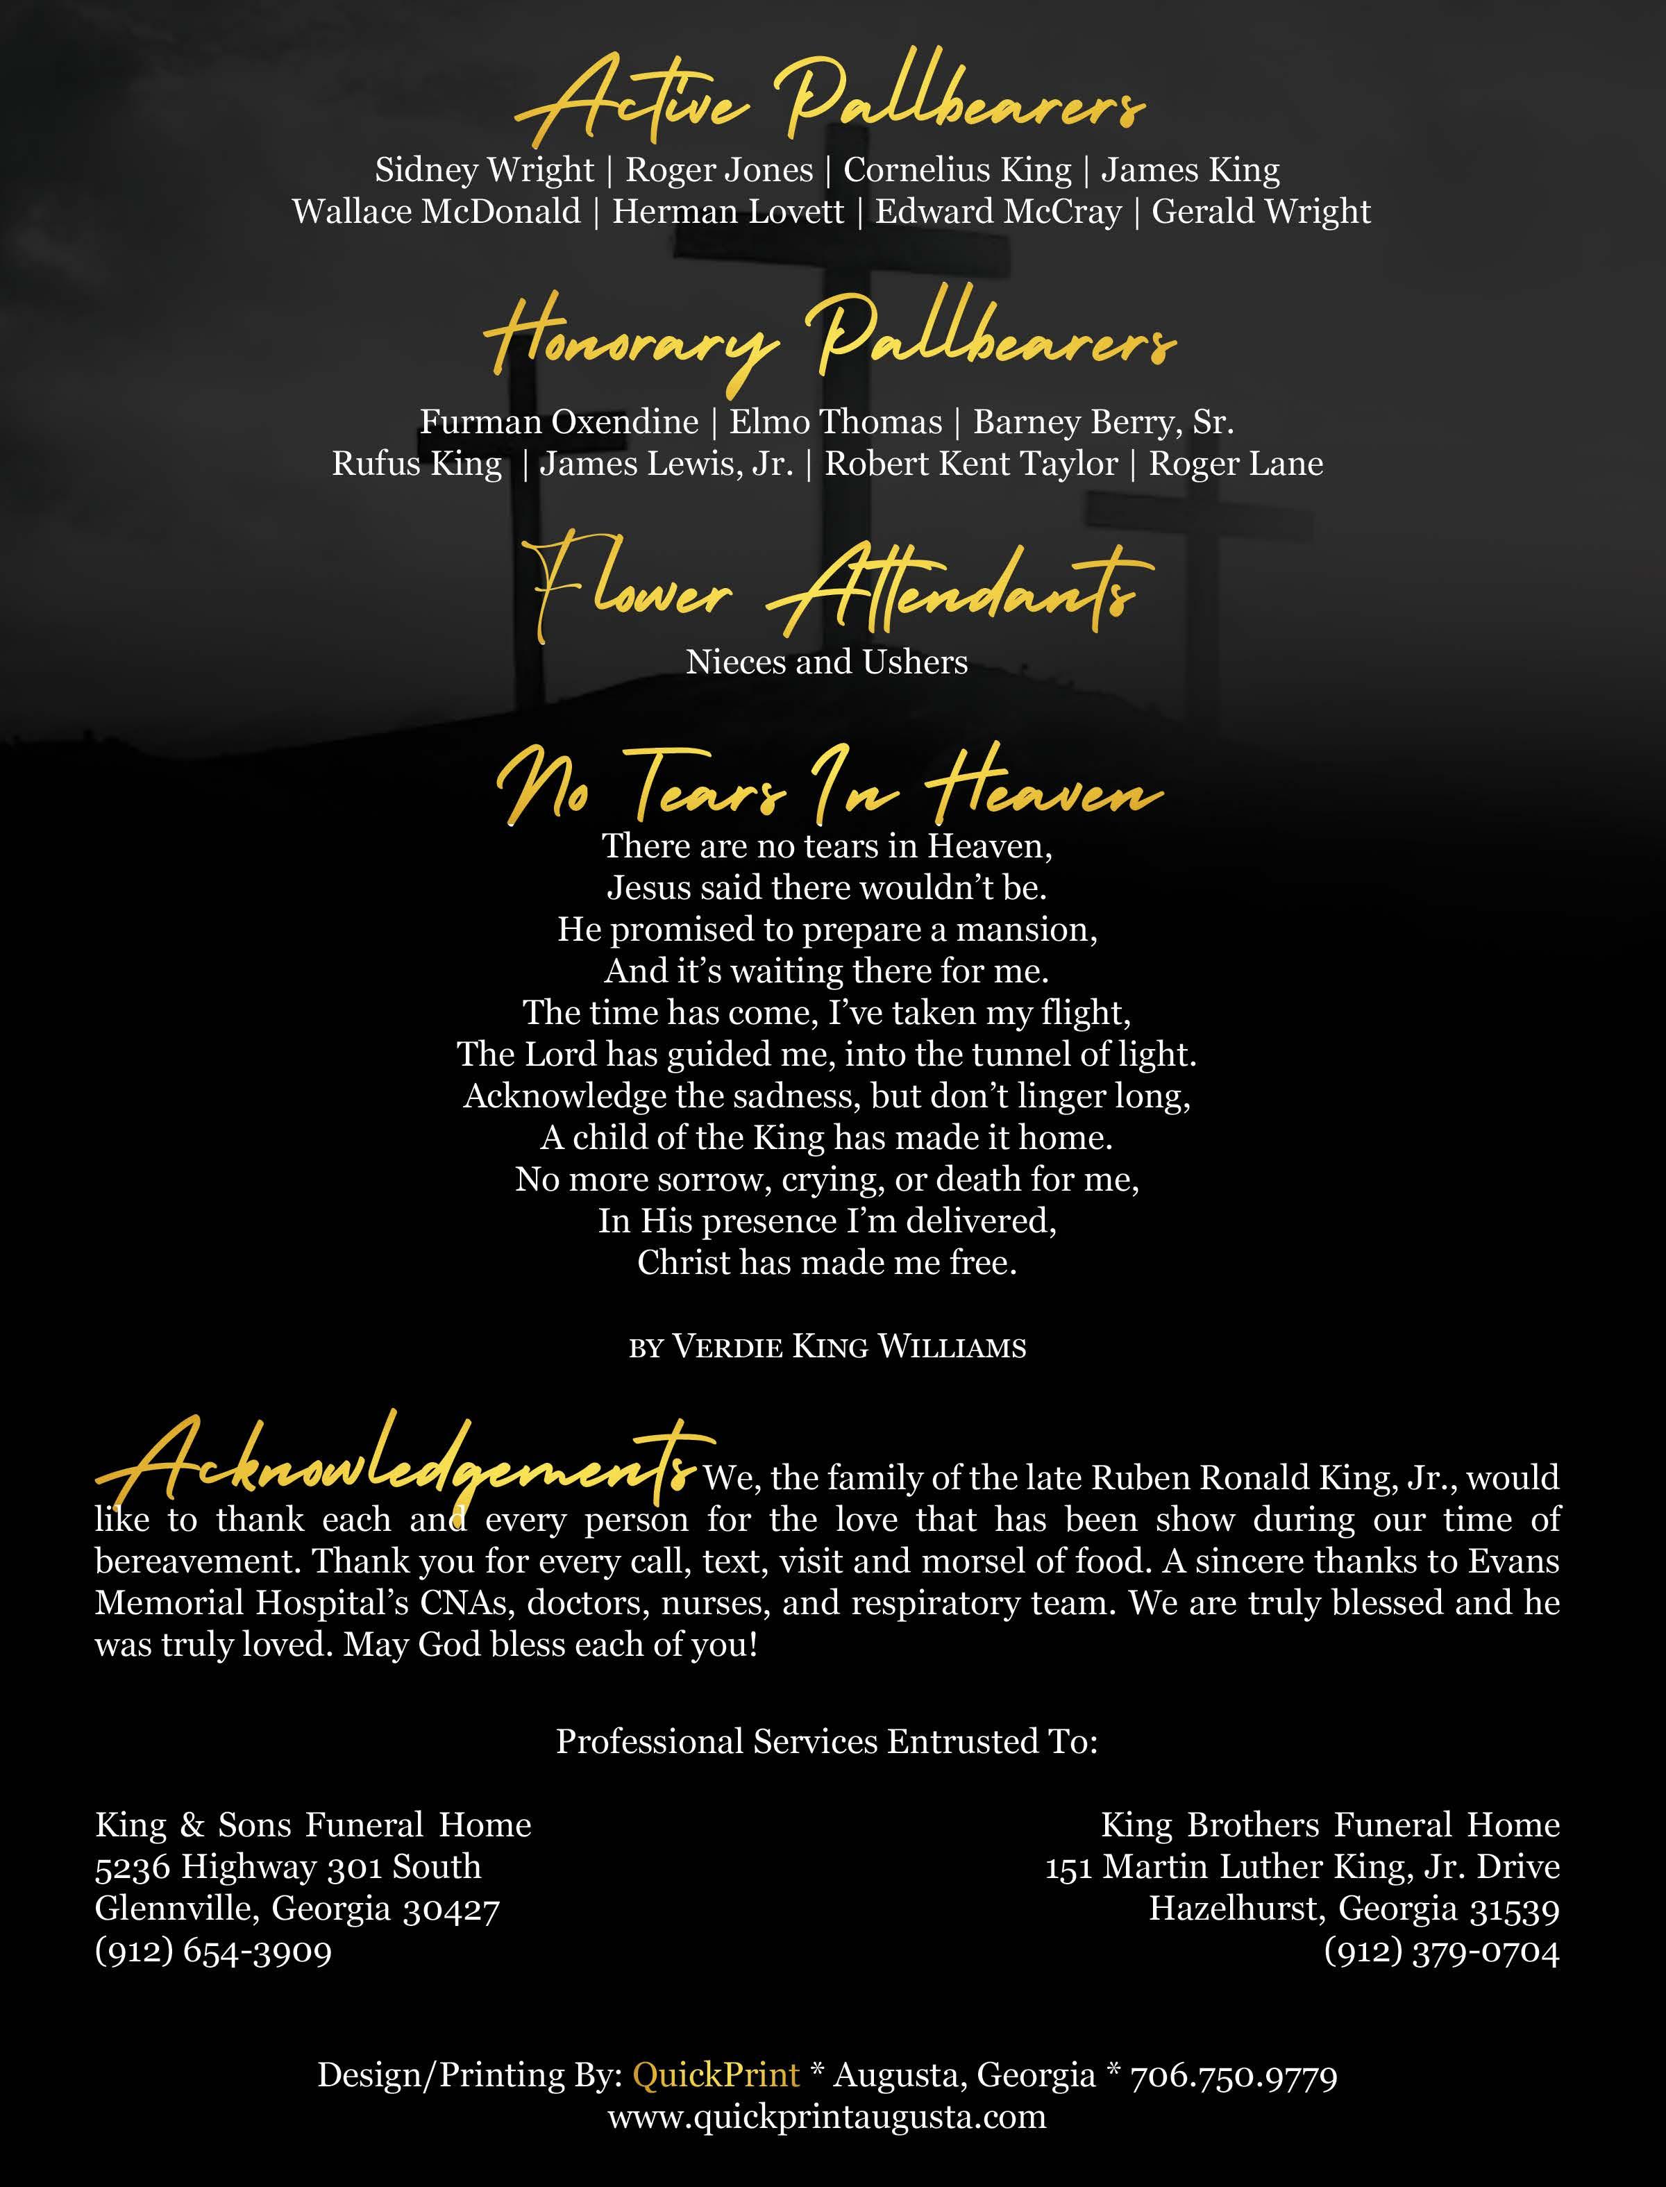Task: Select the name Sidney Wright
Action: point(484,171)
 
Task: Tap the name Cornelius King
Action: point(957,171)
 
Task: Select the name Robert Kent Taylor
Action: point(971,464)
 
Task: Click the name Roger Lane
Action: point(1236,464)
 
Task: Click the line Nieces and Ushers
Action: point(827,662)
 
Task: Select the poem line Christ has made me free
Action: point(827,1263)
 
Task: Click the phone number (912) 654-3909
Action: point(213,1952)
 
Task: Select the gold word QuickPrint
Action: point(716,2075)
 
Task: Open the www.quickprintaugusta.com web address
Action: point(827,2117)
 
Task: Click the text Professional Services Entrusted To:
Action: point(827,1742)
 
